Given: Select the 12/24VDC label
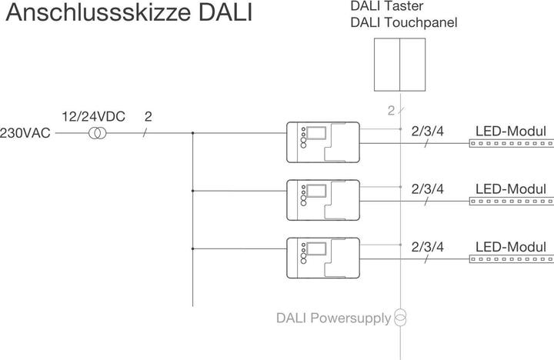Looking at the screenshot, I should click(x=93, y=117).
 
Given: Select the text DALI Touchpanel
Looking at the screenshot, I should click(x=404, y=22).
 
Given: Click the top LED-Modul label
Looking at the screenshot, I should click(x=511, y=132).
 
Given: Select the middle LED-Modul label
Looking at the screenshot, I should click(x=511, y=189).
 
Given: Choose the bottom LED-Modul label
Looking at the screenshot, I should click(x=511, y=247).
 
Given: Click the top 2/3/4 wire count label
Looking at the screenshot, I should click(x=428, y=131).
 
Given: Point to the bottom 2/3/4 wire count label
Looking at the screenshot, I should click(x=428, y=247).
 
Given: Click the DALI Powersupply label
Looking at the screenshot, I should click(x=334, y=318).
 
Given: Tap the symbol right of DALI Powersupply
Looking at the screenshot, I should click(x=400, y=317).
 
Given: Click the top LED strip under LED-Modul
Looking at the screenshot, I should click(x=512, y=144).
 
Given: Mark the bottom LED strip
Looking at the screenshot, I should click(x=512, y=259).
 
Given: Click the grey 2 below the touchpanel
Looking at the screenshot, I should click(x=391, y=111).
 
